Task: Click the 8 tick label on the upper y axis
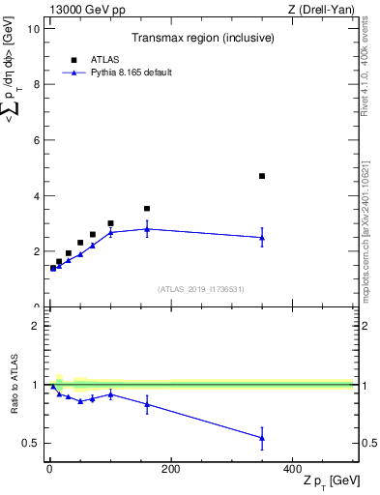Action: [36, 84]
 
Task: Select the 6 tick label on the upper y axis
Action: [36, 140]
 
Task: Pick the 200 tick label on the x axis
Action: [170, 469]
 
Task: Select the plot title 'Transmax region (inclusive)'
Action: [199, 39]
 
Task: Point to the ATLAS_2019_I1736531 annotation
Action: [200, 288]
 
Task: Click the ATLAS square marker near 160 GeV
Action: [147, 208]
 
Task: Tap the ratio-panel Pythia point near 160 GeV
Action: [147, 404]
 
